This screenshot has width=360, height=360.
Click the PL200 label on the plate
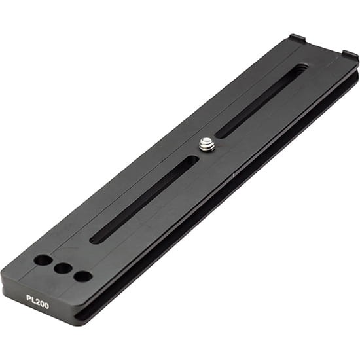37,302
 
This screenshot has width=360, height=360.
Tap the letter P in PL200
29,298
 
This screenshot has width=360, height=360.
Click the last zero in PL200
46,306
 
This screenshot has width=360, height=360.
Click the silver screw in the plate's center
206,144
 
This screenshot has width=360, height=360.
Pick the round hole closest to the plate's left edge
43,260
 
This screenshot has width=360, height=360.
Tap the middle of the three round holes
62,268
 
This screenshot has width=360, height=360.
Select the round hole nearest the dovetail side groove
82,276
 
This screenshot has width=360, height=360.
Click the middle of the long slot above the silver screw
262,101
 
